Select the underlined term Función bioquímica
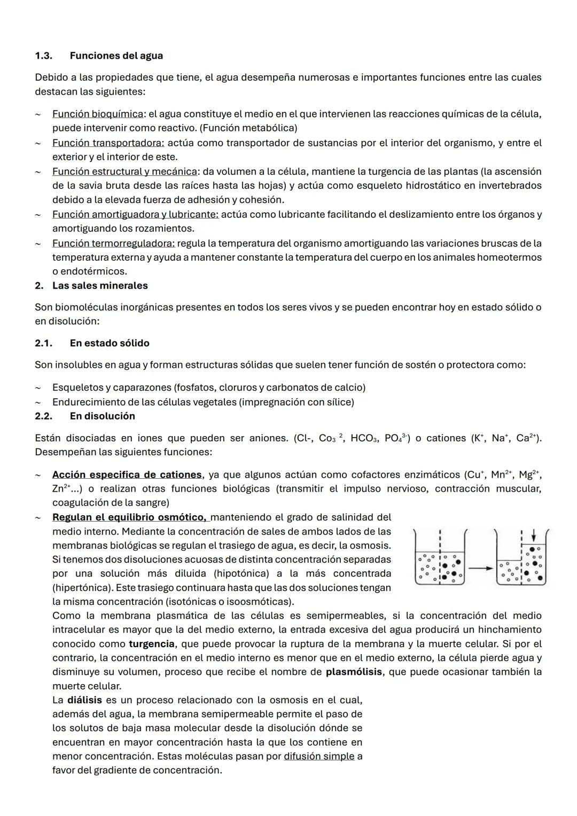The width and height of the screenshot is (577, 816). [x=98, y=114]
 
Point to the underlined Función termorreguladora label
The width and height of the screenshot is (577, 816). [x=113, y=243]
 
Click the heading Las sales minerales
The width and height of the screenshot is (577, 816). [x=100, y=285]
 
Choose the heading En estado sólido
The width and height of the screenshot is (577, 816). [x=110, y=343]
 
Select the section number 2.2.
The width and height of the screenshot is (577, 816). [x=43, y=416]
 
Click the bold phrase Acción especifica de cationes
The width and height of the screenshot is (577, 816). [x=127, y=475]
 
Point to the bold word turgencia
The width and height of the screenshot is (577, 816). [x=152, y=643]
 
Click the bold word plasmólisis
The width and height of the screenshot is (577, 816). [x=354, y=671]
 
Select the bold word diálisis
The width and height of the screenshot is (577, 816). [x=84, y=700]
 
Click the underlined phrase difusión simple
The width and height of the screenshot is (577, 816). [x=319, y=756]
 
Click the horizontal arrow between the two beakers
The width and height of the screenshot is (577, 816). [x=480, y=569]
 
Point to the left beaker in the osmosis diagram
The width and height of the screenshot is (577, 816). [x=440, y=558]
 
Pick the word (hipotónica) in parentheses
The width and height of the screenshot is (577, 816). [x=241, y=573]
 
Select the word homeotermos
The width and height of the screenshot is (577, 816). [x=509, y=257]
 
